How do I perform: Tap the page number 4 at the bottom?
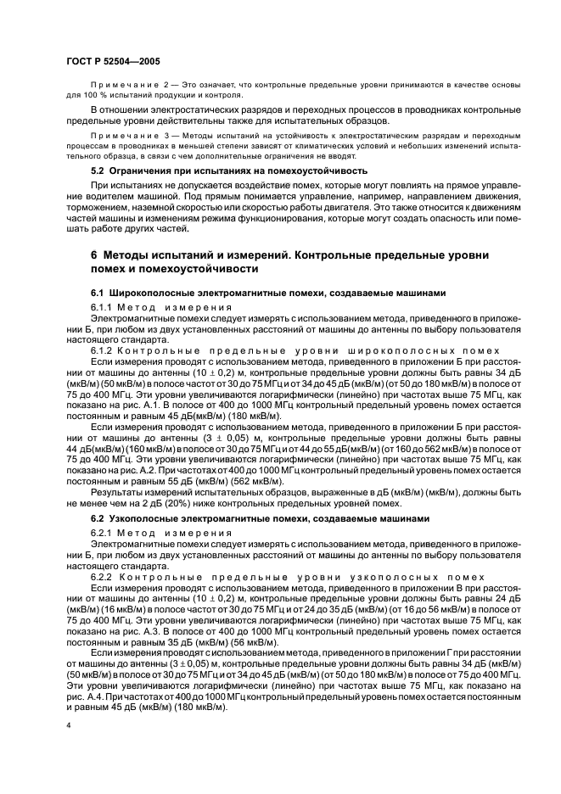69,726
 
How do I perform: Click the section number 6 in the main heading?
94,255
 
